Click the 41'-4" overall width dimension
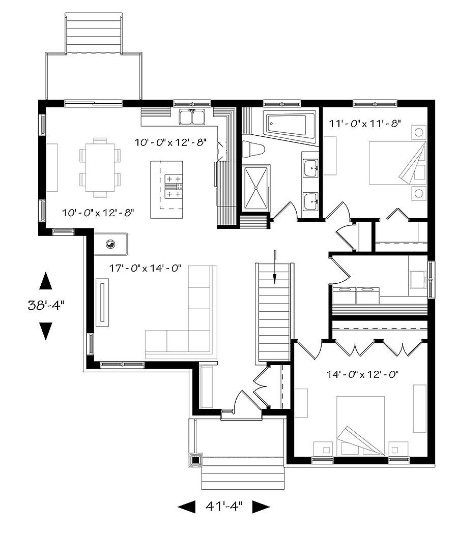(223, 506)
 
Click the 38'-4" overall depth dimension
(46, 305)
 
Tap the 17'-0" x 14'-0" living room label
(145, 268)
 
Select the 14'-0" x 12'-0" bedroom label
(362, 374)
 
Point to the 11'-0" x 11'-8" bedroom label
(364, 123)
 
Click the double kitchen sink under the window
(192, 117)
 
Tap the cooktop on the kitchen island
(174, 186)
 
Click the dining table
(100, 167)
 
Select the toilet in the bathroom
(253, 150)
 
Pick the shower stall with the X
(255, 188)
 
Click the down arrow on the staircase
(275, 267)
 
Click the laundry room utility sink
(418, 280)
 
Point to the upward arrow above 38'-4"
(46, 281)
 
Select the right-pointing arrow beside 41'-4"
(261, 507)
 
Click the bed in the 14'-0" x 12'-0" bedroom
(360, 426)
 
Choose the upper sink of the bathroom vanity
(310, 168)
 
